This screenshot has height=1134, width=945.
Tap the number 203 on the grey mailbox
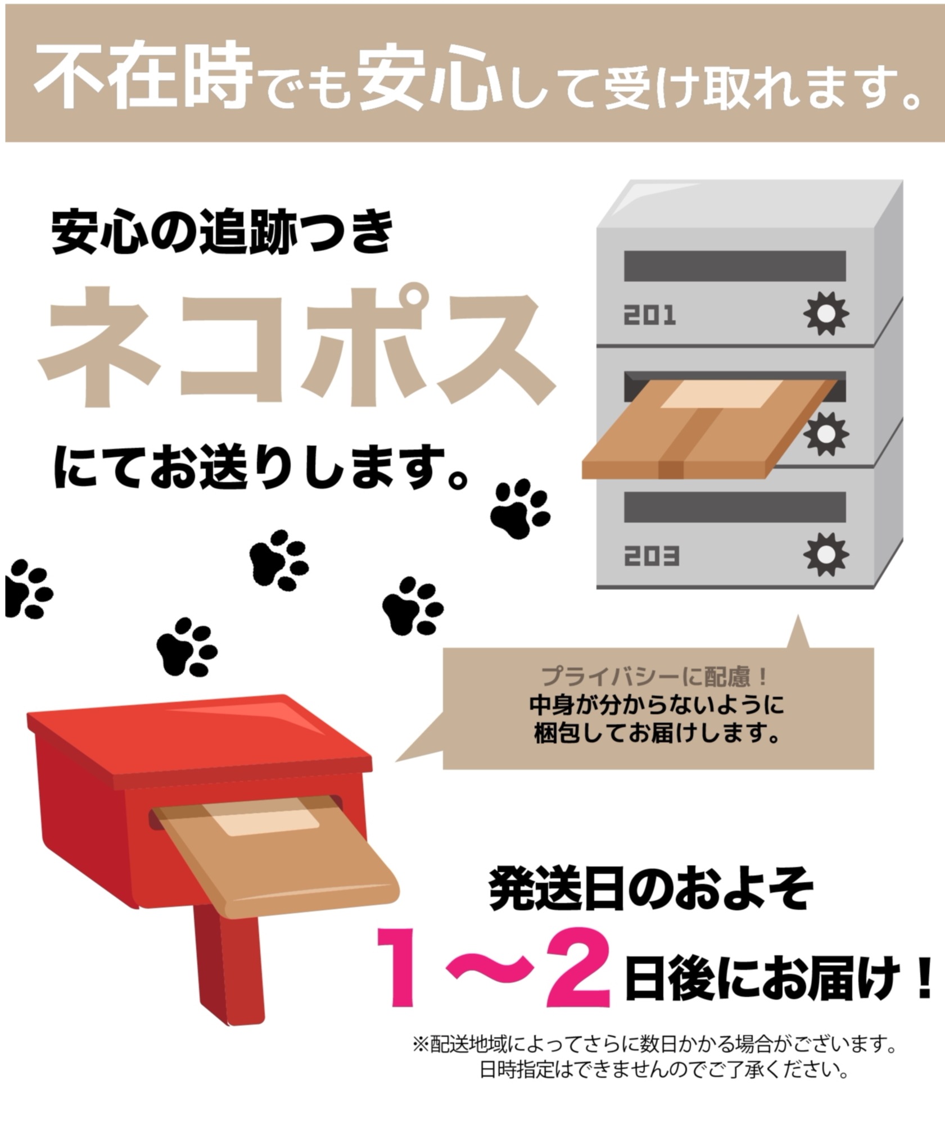click(x=652, y=556)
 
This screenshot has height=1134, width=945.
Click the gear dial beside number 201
click(x=825, y=313)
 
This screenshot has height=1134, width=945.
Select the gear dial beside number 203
click(x=825, y=554)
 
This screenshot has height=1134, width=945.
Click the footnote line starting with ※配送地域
click(x=654, y=1045)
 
